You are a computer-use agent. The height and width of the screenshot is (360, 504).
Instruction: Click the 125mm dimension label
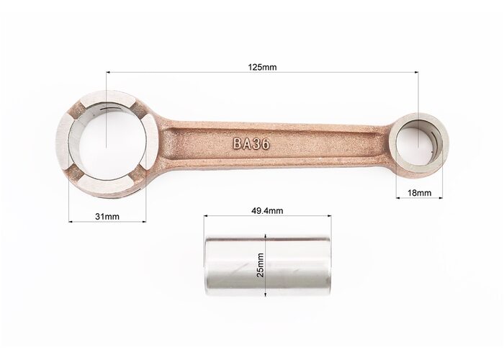(x=262, y=67)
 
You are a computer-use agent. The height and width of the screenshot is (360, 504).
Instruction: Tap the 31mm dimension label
(x=107, y=217)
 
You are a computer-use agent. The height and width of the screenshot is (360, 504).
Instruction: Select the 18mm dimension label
(x=420, y=193)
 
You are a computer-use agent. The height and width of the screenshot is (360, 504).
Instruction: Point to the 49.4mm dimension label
(x=267, y=211)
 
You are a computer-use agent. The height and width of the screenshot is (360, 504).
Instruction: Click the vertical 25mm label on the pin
(x=261, y=265)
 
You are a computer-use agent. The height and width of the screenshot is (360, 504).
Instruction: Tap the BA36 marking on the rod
(x=251, y=144)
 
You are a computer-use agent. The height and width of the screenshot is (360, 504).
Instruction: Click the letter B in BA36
(x=237, y=144)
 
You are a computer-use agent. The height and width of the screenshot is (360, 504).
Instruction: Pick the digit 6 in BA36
(x=266, y=144)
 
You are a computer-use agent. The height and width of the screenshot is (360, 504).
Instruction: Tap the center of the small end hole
(x=418, y=146)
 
